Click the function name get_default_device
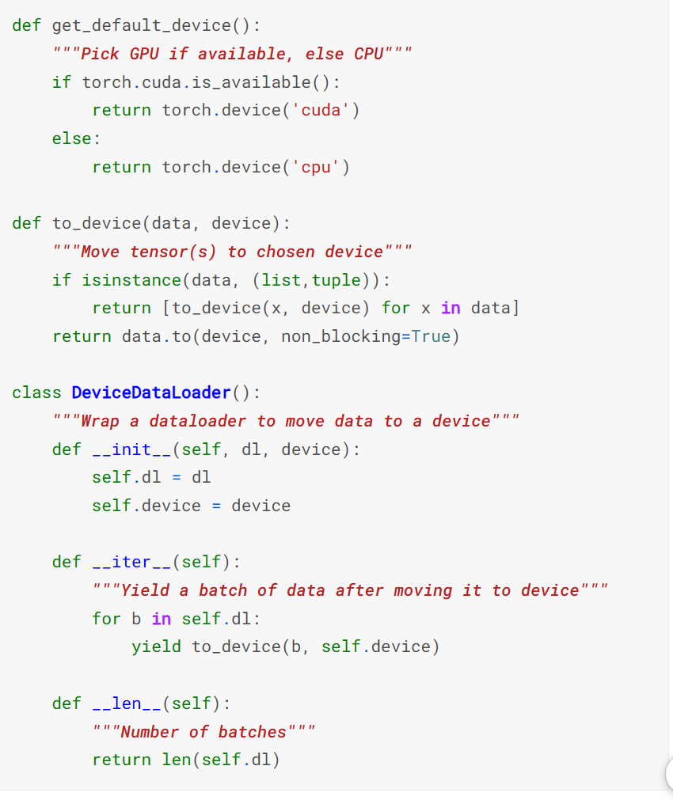141,25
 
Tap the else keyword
72,138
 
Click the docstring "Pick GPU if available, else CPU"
232,54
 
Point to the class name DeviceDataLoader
151,392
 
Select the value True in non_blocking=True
431,336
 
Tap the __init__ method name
131,449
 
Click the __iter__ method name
131,562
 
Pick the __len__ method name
127,703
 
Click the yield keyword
156,646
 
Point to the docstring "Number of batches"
203,731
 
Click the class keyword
37,392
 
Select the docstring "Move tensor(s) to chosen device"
232,252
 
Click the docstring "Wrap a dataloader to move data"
286,421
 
